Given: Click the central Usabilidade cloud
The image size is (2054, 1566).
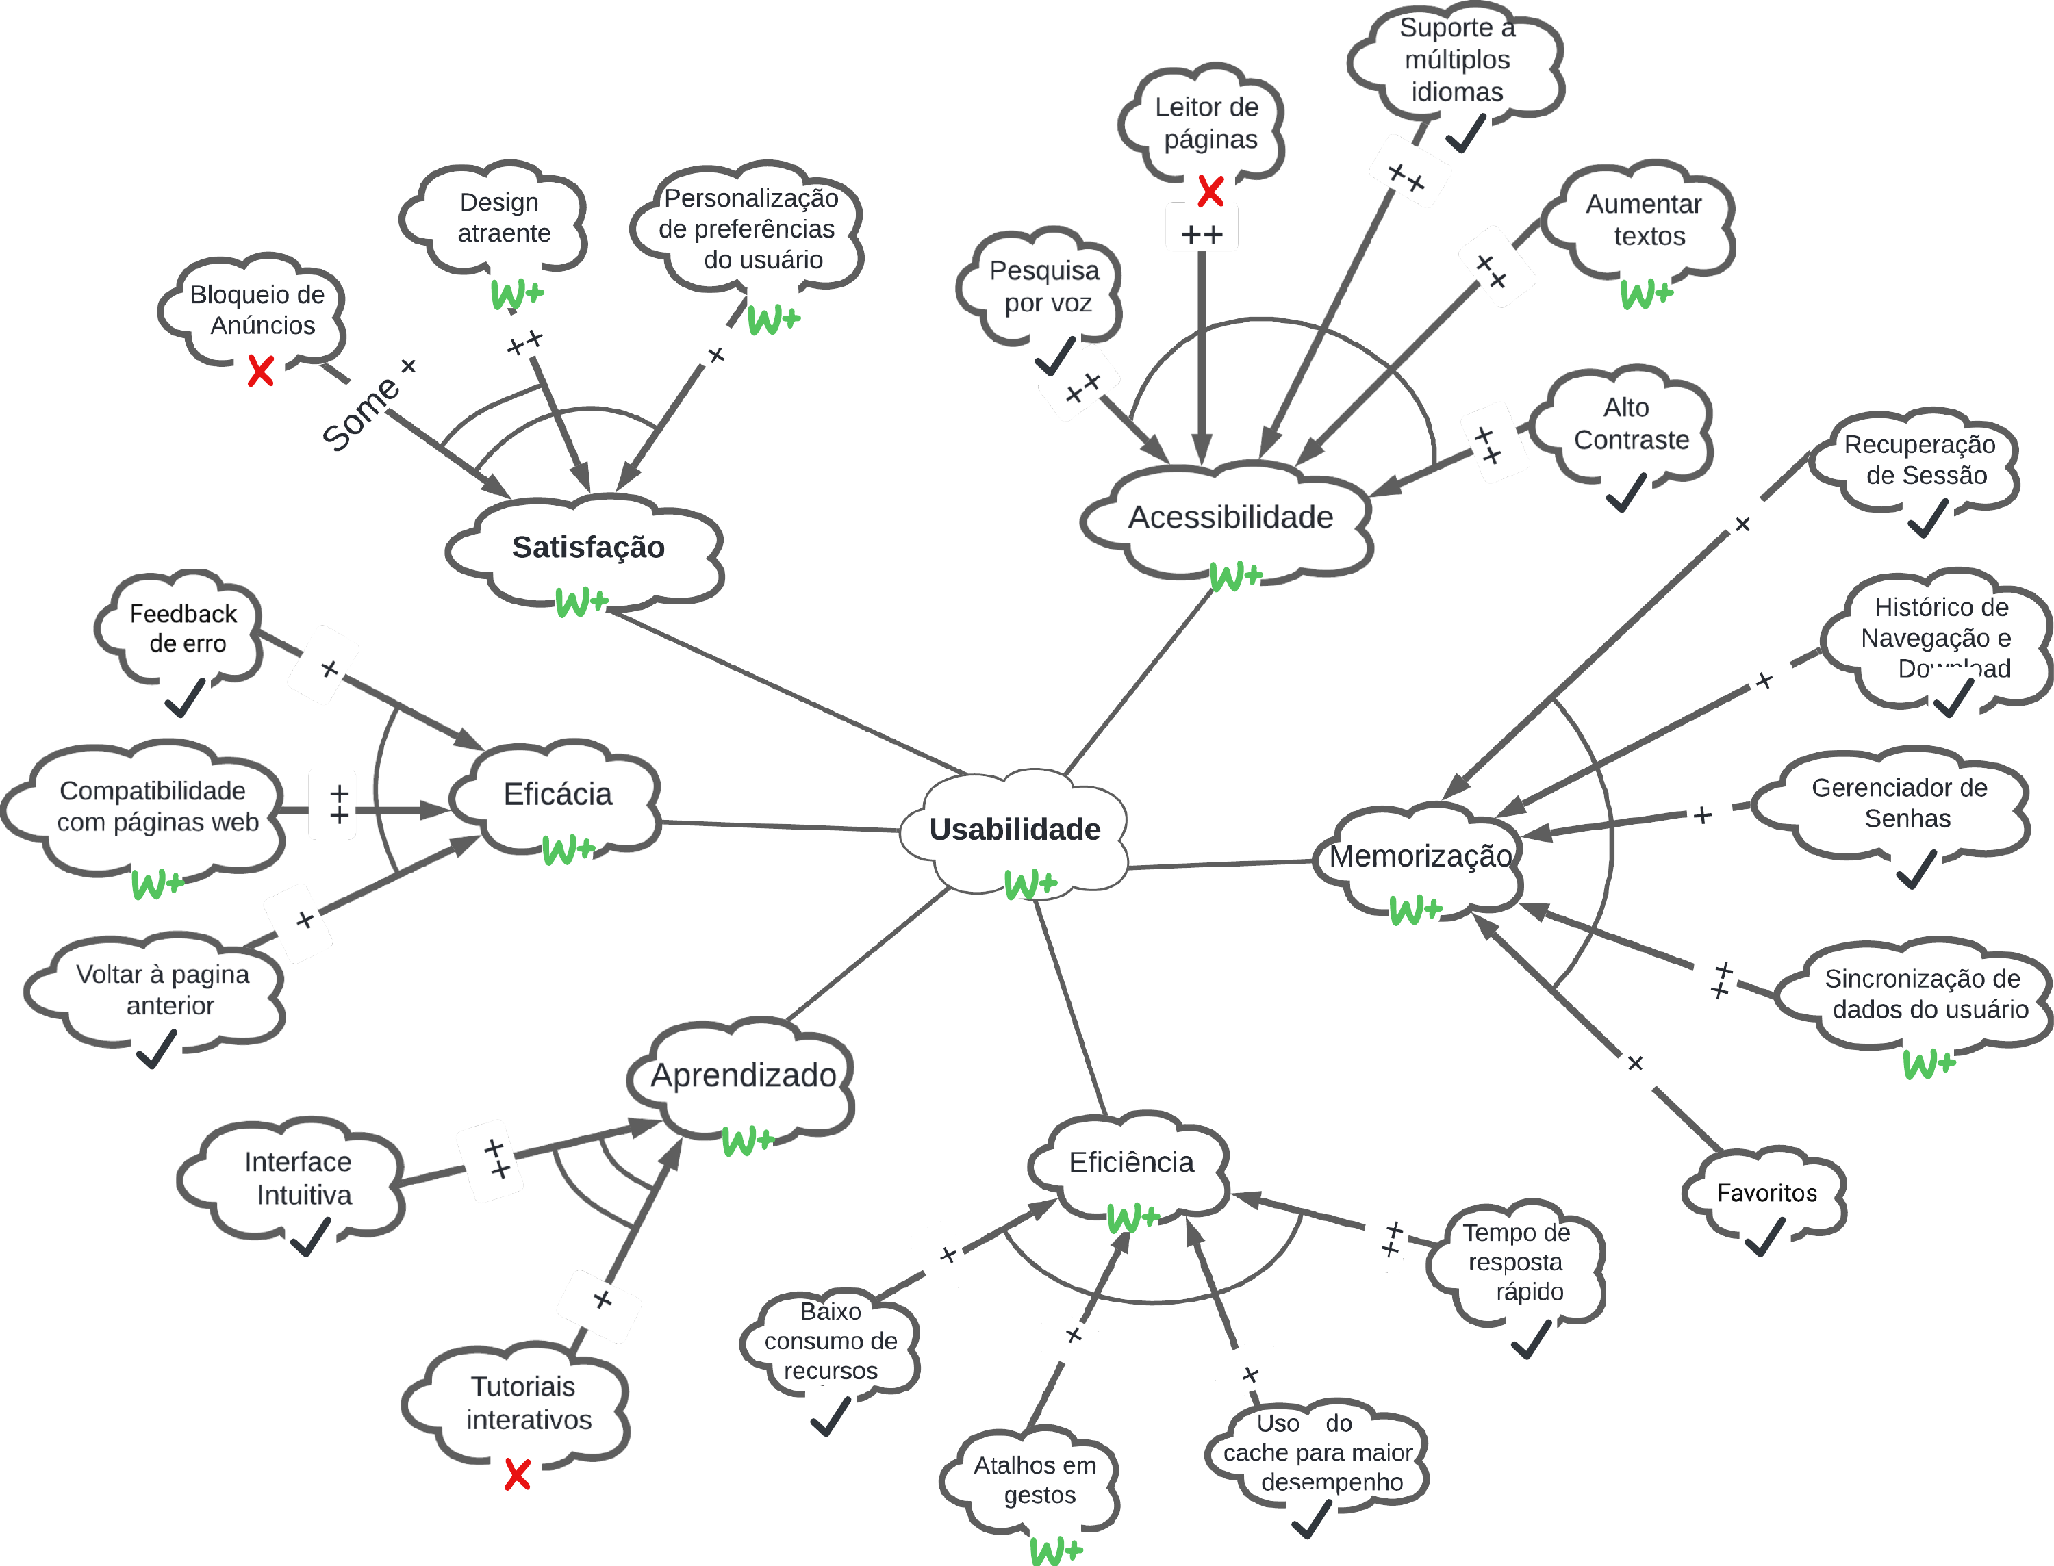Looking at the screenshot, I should [x=1015, y=829].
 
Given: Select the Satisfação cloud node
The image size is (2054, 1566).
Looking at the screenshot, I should [x=587, y=547].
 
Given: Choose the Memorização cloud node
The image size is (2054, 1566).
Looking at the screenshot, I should [x=1419, y=856].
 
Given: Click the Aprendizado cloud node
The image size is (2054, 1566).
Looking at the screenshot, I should [x=743, y=1076].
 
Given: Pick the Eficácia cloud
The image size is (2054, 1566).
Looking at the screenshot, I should [x=557, y=794].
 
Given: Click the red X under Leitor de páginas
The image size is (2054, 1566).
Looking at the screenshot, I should [x=1210, y=192].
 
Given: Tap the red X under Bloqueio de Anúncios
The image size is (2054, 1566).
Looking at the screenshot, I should [x=261, y=371].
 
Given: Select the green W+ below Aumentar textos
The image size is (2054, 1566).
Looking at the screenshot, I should [x=1647, y=294].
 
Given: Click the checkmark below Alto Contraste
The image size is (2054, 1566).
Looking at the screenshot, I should [x=1627, y=492].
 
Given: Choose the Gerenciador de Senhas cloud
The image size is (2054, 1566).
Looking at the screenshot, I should [x=1899, y=803].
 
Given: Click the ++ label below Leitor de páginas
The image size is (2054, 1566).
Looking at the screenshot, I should [x=1202, y=235].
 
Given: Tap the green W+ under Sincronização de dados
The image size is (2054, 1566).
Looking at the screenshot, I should [x=1928, y=1064].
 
